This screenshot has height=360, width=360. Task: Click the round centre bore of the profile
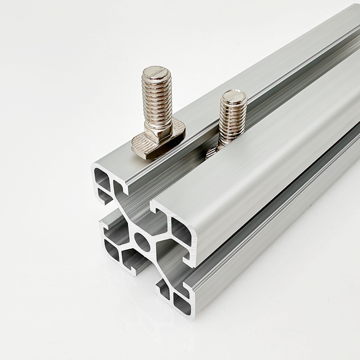click(x=143, y=243)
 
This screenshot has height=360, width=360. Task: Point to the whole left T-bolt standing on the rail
click(x=157, y=115)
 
